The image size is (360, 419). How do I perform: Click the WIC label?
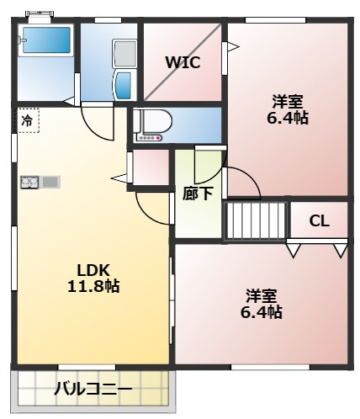183,62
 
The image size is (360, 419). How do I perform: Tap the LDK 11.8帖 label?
93,278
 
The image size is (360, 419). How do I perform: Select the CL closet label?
319,221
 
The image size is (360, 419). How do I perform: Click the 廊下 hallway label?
198,194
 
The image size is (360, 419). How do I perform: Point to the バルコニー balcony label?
93,390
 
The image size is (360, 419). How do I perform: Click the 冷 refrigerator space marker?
27,121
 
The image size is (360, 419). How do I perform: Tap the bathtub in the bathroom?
46,40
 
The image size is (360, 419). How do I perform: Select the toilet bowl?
156,121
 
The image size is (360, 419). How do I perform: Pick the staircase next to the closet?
256,221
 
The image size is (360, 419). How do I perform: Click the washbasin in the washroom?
124,85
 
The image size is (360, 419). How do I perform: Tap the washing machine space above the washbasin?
124,54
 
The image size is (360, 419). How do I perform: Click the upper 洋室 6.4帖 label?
288,109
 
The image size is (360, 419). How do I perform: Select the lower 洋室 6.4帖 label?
262,304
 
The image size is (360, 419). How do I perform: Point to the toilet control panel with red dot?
149,138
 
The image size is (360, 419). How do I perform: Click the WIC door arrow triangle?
233,46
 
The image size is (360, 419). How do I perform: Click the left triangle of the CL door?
294,250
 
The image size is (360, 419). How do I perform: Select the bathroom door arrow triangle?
69,101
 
